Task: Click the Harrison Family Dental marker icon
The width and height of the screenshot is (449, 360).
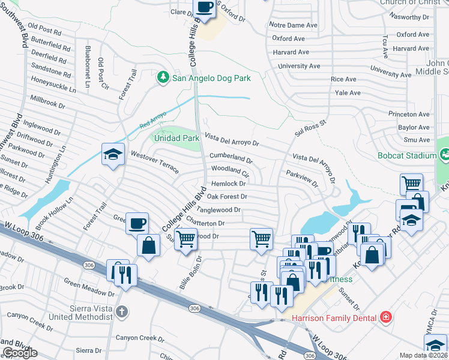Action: pos(386,317)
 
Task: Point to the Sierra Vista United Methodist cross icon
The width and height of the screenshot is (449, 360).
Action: pos(122,311)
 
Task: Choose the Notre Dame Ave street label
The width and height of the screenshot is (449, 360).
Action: pos(293,25)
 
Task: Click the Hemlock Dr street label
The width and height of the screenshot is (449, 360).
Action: pos(229,184)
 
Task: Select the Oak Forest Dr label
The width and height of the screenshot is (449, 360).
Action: pos(227,196)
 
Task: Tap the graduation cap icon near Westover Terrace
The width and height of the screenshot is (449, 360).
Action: pos(113,154)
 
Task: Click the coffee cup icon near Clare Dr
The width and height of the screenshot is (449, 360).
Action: pos(204,7)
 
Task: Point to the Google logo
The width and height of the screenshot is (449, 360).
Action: pos(20,353)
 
